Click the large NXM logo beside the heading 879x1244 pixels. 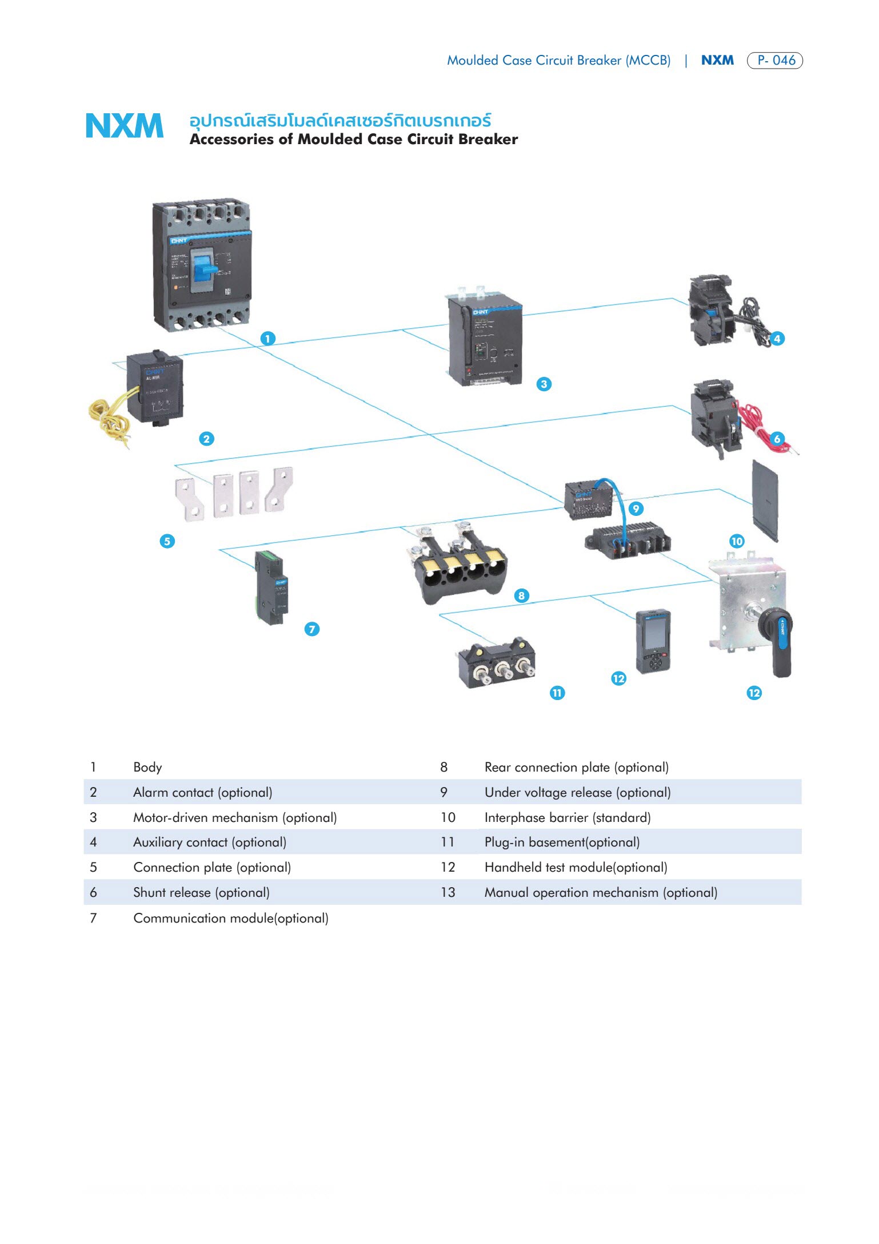pyautogui.click(x=124, y=126)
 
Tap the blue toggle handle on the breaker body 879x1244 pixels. pyautogui.click(x=204, y=268)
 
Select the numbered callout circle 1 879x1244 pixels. pyautogui.click(x=267, y=339)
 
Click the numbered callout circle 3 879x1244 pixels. pyautogui.click(x=544, y=384)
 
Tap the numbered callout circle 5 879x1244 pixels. pyautogui.click(x=167, y=541)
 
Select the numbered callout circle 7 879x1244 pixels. pyautogui.click(x=311, y=630)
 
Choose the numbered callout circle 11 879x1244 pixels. pyautogui.click(x=557, y=693)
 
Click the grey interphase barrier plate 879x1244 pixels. pyautogui.click(x=765, y=500)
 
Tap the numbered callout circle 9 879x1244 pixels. pyautogui.click(x=636, y=508)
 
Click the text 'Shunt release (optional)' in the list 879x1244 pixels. pyautogui.click(x=201, y=893)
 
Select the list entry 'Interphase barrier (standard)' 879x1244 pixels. pyautogui.click(x=568, y=818)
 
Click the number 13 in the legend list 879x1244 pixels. pyautogui.click(x=448, y=893)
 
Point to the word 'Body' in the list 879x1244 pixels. pyautogui.click(x=147, y=768)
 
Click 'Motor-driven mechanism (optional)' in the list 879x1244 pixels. pyautogui.click(x=235, y=818)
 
